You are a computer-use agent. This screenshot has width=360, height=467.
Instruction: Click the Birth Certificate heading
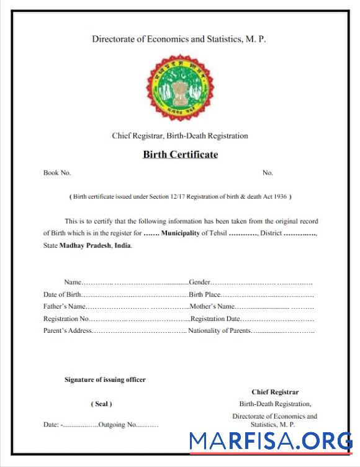(x=180, y=155)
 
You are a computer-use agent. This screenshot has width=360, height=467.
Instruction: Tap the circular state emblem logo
(x=180, y=87)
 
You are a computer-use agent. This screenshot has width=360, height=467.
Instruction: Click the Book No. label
(x=57, y=173)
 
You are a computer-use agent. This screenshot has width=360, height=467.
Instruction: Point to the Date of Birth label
(x=62, y=294)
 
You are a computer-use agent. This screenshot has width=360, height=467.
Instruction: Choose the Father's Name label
(x=64, y=306)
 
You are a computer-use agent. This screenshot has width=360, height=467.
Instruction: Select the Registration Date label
(x=215, y=319)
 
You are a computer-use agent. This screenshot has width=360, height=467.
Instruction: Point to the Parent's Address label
(x=68, y=330)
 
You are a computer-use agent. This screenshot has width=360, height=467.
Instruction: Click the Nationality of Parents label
(x=219, y=330)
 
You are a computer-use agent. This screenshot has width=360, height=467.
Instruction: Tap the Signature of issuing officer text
(x=105, y=379)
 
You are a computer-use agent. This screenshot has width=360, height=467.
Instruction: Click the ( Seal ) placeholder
(x=102, y=404)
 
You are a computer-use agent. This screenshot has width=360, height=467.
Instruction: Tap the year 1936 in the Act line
(x=279, y=197)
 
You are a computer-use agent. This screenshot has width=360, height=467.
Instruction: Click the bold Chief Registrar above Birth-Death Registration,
(x=275, y=392)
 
